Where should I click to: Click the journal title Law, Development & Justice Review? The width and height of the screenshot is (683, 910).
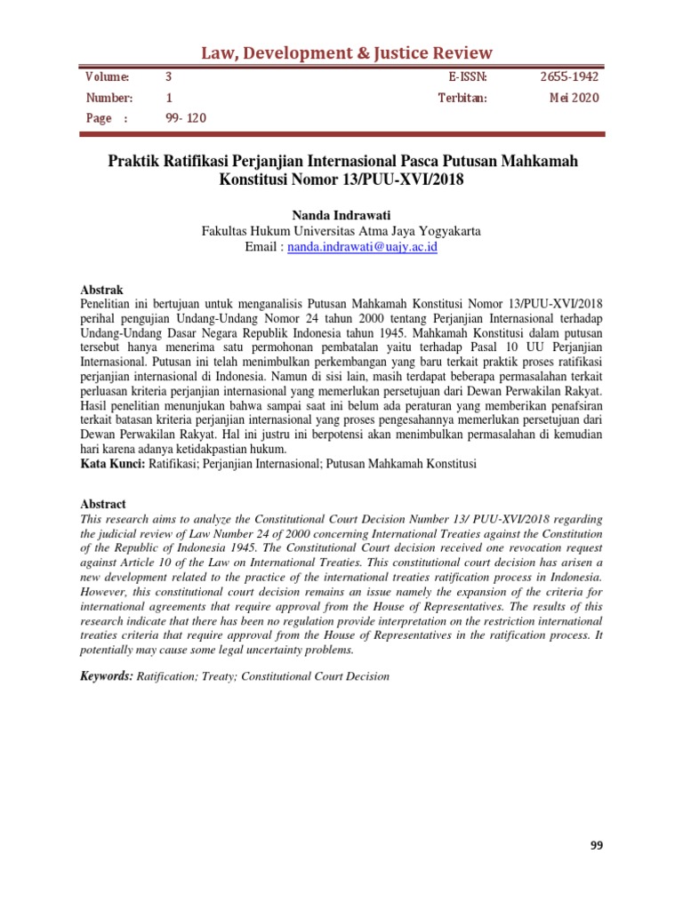[x=341, y=52]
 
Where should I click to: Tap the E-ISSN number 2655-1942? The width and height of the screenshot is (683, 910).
[x=569, y=77]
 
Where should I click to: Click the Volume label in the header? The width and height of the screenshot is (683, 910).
[x=107, y=77]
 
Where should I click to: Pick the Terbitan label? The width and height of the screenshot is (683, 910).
[x=462, y=98]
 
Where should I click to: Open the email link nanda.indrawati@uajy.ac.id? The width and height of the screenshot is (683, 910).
[x=362, y=247]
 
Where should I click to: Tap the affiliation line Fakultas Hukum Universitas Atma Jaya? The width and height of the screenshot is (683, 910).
[x=341, y=230]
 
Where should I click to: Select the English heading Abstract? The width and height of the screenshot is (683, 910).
[x=103, y=504]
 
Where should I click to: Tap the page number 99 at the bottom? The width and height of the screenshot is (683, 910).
[x=596, y=846]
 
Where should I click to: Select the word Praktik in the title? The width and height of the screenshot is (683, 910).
[x=136, y=163]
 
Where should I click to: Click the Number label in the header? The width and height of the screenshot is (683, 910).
[x=108, y=98]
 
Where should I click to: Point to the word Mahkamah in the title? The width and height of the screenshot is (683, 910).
[x=531, y=163]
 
